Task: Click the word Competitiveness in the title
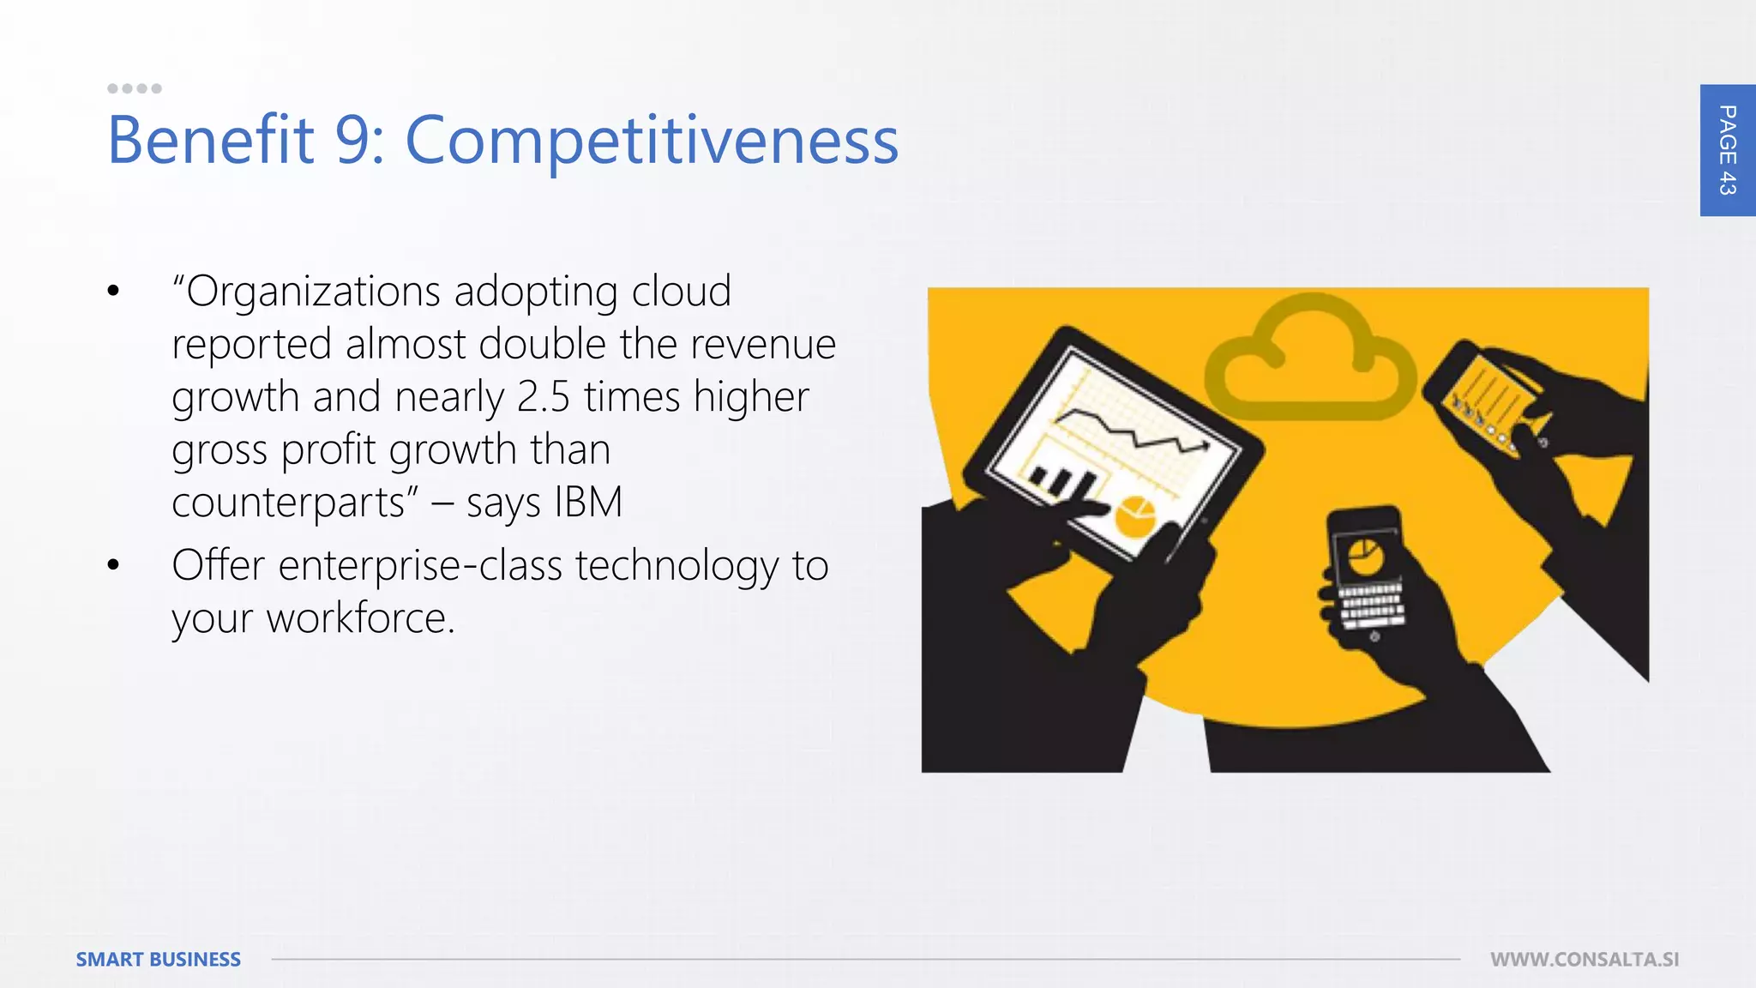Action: [652, 140]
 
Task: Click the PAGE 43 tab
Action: [1727, 150]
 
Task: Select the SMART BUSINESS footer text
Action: [159, 959]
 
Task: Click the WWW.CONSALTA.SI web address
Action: [1585, 959]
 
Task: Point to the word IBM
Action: [588, 502]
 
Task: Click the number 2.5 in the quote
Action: [544, 397]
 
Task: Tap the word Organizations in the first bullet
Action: [312, 292]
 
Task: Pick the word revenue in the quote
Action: [762, 344]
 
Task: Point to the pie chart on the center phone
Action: [1365, 558]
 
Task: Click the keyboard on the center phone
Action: [1371, 605]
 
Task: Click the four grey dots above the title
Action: [135, 88]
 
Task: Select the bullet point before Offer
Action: [113, 565]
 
